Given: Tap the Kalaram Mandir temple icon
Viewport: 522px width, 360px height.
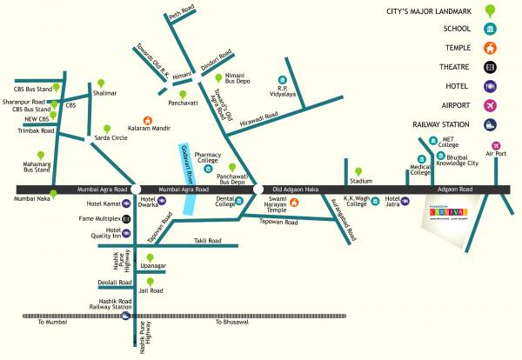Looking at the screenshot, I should click(147, 121).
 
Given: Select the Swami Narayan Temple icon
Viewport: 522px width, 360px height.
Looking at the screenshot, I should click(294, 203).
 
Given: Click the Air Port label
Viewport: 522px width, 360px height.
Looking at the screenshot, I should click(495, 154).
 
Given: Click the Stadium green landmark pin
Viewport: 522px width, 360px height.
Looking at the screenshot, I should click(357, 170).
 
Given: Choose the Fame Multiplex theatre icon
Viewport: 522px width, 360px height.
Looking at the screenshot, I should click(126, 218).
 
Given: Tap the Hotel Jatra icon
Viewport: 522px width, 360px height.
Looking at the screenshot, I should click(405, 202).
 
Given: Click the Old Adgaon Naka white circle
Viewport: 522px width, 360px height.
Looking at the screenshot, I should click(258, 188).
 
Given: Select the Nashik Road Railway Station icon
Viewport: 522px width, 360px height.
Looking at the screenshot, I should click(127, 317).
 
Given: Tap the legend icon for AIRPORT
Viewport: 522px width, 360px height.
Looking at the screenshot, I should click(492, 104).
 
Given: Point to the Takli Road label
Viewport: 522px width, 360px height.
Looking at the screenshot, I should click(207, 240).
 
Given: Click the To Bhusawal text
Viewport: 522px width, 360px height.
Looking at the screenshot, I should click(231, 323).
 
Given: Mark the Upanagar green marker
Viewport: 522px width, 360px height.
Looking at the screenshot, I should click(151, 258).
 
